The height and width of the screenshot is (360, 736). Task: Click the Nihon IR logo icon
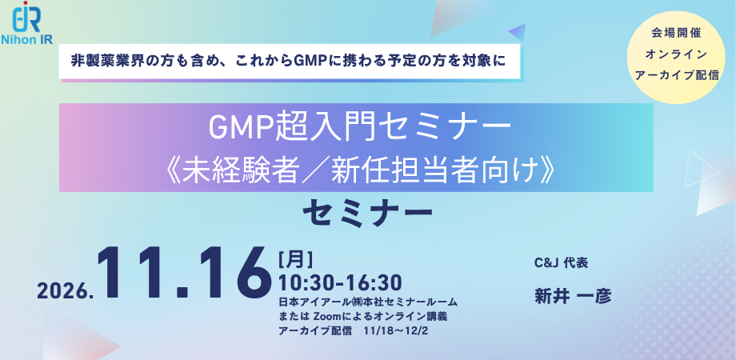(26, 17)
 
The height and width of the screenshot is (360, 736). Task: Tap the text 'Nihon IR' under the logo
(26, 39)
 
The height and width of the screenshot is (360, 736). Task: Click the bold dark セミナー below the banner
(367, 214)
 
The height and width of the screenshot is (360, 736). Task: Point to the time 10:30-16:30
(340, 282)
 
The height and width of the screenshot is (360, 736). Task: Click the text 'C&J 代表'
(561, 264)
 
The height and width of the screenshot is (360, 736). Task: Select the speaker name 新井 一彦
(573, 297)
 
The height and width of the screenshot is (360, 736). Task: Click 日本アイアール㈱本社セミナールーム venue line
(367, 302)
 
